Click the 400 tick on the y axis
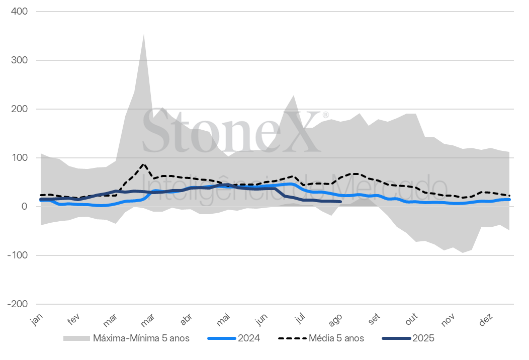[19, 12]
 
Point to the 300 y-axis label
[19, 60]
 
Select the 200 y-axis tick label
[19, 109]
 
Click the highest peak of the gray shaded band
[144, 34]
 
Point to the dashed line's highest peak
[144, 164]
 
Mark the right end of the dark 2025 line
[341, 202]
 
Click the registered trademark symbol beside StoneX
[325, 115]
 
